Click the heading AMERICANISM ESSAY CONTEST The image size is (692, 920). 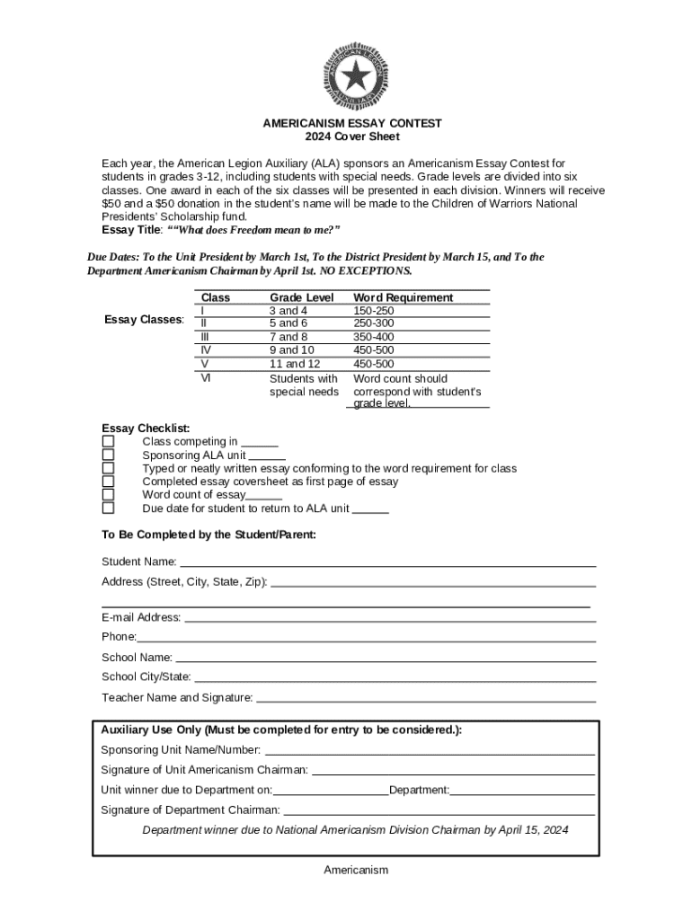click(x=352, y=123)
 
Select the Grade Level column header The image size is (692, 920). click(x=301, y=297)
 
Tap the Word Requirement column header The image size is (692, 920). click(x=403, y=297)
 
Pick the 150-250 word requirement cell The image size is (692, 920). click(x=373, y=311)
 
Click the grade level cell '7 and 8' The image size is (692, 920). click(x=288, y=337)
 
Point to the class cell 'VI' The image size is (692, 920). click(x=206, y=378)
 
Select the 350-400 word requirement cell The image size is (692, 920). click(x=373, y=337)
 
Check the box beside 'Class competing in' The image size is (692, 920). click(x=109, y=442)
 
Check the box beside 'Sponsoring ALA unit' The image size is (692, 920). click(x=109, y=456)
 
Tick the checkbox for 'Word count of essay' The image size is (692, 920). click(x=109, y=495)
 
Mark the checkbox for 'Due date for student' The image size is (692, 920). click(x=109, y=509)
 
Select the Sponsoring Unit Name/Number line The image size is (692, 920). click(x=430, y=752)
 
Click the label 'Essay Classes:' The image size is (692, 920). click(x=145, y=320)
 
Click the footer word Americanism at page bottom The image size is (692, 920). click(x=356, y=871)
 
